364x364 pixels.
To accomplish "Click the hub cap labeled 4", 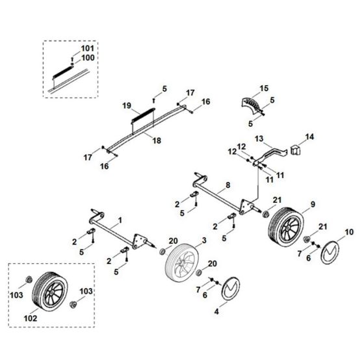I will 230,292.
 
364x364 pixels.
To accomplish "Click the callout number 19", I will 126,105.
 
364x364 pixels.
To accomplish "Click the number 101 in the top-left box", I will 87,49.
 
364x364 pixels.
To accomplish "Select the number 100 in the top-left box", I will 87,58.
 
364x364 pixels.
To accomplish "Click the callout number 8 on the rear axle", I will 227,185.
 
